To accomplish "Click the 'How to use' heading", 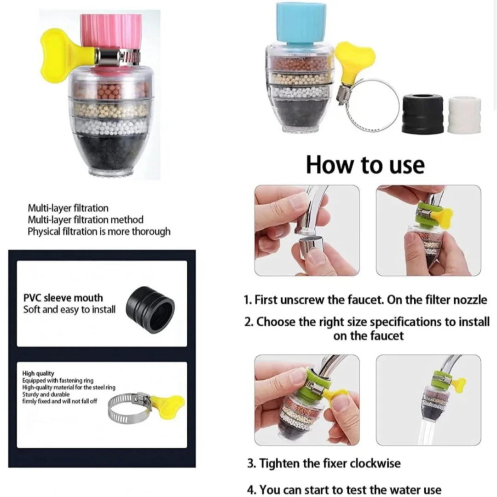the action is (x=365, y=165).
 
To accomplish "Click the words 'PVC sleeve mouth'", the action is (x=63, y=298).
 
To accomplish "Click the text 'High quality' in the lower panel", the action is (x=38, y=373).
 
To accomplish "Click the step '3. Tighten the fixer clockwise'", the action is (x=324, y=463).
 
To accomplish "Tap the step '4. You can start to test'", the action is (x=344, y=489).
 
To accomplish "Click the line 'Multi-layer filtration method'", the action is (x=86, y=220).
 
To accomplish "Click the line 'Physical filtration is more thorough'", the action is (x=99, y=231).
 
